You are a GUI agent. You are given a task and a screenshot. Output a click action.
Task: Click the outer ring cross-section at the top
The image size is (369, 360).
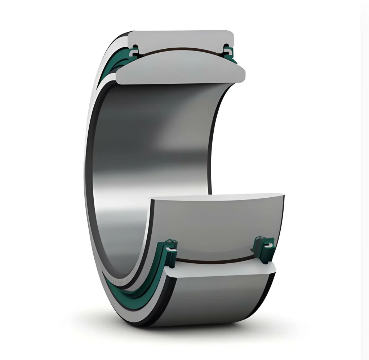tap(180, 39)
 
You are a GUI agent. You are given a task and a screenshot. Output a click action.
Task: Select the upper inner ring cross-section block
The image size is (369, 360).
tap(180, 70)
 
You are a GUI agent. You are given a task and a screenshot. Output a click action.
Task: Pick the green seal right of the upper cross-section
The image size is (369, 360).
tap(228, 52)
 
